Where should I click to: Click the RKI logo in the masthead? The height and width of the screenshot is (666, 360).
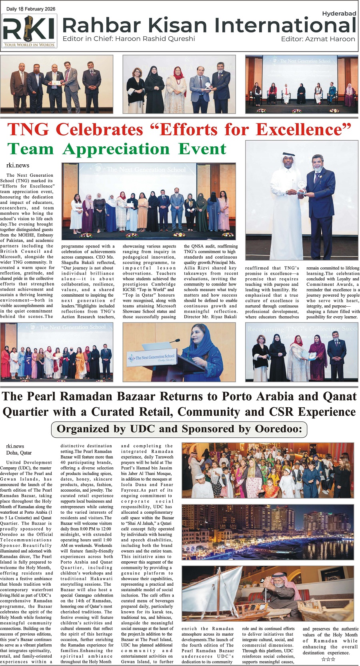click(x=29, y=31)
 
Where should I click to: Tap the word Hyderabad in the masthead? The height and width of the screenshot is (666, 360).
click(x=339, y=14)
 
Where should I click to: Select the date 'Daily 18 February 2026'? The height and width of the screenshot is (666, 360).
click(x=31, y=9)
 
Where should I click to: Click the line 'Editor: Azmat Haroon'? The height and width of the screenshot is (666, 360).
click(x=318, y=39)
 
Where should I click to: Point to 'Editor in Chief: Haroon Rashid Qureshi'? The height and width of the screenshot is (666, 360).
click(x=129, y=39)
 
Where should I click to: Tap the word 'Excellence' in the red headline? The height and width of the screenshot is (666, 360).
click(x=303, y=130)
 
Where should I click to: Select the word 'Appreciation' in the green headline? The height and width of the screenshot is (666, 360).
click(x=116, y=149)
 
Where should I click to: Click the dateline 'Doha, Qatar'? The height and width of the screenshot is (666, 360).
click(x=19, y=453)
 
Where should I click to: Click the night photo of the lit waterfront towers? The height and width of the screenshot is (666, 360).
click(x=267, y=532)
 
